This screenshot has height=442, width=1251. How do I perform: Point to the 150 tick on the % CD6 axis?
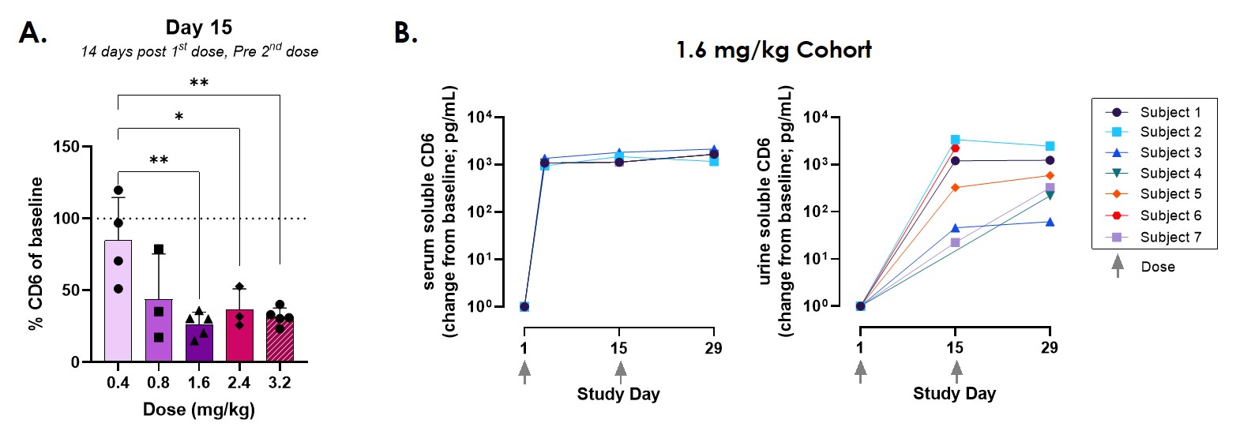tap(66, 147)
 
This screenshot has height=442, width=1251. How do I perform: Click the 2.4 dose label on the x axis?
tap(239, 383)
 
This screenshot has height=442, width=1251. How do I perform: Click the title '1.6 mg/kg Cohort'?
tap(773, 51)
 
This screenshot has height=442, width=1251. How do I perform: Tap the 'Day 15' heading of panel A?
tap(199, 28)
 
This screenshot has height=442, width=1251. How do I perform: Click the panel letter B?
tap(405, 32)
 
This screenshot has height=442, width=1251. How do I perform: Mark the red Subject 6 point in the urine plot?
tap(955, 148)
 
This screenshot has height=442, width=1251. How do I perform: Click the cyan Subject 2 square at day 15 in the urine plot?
tap(955, 140)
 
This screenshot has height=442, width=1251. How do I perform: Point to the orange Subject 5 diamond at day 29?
tap(1050, 176)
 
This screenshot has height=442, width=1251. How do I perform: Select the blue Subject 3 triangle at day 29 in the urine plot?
tap(1050, 223)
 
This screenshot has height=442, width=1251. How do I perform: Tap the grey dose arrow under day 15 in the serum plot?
tap(620, 371)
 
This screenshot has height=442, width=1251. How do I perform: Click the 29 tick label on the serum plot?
tap(713, 348)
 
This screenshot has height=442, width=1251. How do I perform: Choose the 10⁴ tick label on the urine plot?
tap(816, 118)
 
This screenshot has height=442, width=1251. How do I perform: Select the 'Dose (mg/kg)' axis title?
tap(198, 410)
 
